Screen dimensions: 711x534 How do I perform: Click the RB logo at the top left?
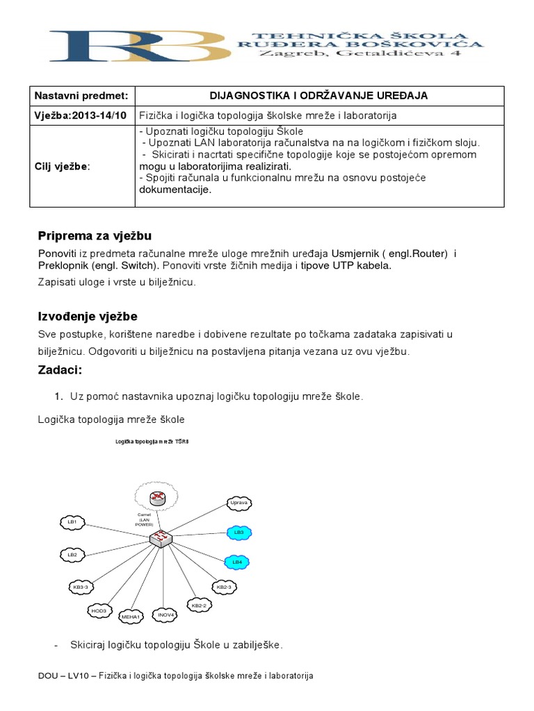pyautogui.click(x=132, y=45)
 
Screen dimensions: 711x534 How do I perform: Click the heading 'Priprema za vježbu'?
pyautogui.click(x=95, y=235)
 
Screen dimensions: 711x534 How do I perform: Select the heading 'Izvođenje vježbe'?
pyautogui.click(x=88, y=317)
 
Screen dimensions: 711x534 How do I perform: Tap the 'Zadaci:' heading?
pyautogui.click(x=60, y=369)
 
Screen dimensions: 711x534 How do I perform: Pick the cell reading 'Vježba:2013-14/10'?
pyautogui.click(x=81, y=115)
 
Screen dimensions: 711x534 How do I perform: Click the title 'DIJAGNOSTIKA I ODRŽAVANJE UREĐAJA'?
pyautogui.click(x=318, y=96)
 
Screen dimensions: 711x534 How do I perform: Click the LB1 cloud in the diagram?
pyautogui.click(x=72, y=521)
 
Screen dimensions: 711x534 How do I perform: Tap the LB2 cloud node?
pyautogui.click(x=72, y=555)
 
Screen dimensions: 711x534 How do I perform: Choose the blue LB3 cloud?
pyautogui.click(x=238, y=532)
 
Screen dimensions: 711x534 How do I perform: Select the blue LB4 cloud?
pyautogui.click(x=237, y=561)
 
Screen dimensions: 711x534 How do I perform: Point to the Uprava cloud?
pyautogui.click(x=238, y=502)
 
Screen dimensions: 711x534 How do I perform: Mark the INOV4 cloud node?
pyautogui.click(x=165, y=614)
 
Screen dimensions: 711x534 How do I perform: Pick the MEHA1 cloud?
pyautogui.click(x=131, y=616)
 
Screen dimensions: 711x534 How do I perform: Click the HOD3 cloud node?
pyautogui.click(x=99, y=610)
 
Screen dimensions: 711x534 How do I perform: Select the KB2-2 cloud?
pyautogui.click(x=199, y=605)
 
